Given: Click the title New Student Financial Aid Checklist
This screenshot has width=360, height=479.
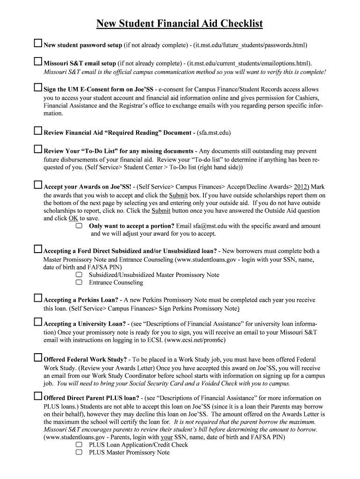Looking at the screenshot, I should click(x=180, y=23).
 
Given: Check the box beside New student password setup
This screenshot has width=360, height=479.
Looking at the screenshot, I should click(x=38, y=44).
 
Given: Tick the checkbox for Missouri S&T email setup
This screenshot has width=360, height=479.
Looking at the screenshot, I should click(x=38, y=62).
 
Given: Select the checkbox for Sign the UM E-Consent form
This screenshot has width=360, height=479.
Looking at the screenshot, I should click(x=38, y=88).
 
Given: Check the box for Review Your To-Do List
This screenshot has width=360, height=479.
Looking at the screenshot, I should click(x=38, y=150).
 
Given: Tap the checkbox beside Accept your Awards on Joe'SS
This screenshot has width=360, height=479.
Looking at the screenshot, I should click(x=38, y=185).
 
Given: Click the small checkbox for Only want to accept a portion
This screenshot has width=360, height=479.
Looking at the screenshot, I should click(x=79, y=225).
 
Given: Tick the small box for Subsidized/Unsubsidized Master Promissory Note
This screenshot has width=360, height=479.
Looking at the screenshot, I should click(x=79, y=275).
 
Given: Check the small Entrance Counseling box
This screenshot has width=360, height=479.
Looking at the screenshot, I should click(x=79, y=283).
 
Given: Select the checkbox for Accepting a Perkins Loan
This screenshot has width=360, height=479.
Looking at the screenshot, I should click(x=38, y=298).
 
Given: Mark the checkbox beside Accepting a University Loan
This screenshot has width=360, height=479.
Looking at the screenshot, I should click(x=38, y=322).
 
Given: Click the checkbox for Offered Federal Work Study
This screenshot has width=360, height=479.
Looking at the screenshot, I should click(x=38, y=358).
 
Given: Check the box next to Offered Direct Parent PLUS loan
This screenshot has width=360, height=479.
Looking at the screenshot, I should click(x=38, y=397).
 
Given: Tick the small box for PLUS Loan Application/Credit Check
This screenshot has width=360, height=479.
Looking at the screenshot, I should click(x=79, y=444).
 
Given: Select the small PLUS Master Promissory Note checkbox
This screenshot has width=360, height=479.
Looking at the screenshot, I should click(x=79, y=452).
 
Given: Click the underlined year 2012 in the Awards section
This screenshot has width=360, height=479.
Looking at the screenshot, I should click(x=302, y=187).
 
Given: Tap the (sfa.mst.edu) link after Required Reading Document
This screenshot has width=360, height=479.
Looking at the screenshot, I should click(x=214, y=133).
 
